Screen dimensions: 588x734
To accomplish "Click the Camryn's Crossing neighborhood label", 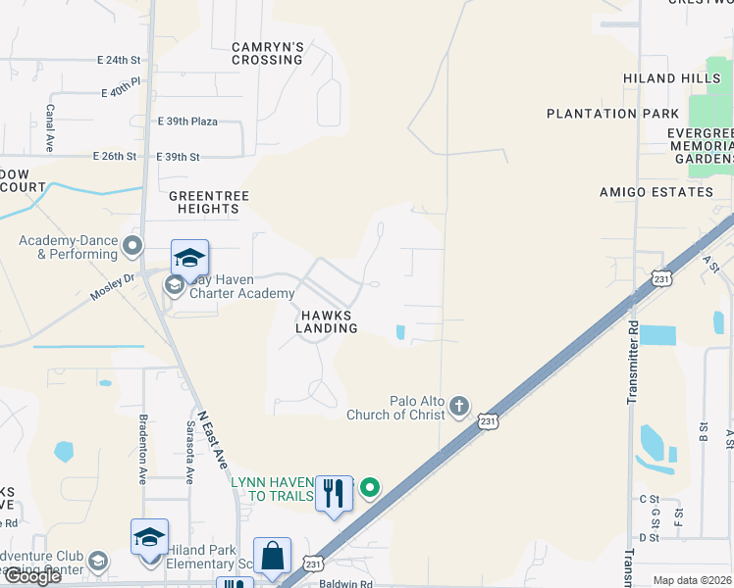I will coord(267,53).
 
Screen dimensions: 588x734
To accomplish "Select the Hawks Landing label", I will coord(327,321).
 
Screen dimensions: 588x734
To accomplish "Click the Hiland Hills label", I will coord(663,78).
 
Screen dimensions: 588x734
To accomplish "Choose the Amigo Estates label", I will coord(656,192).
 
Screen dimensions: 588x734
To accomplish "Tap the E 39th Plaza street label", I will coord(187,122).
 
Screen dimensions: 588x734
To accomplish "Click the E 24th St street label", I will coord(120,60).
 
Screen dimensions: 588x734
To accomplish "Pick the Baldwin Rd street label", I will coord(346,583).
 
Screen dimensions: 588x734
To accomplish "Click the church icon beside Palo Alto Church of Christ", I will coord(459,405).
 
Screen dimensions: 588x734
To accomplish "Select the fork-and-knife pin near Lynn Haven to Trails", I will coord(334,495).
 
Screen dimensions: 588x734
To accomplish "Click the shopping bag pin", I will coord(272,557).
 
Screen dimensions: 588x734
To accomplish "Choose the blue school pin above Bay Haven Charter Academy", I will coord(189,259).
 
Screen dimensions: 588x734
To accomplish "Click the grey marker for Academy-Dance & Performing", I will coord(132,244).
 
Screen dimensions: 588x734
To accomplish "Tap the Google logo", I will coord(32,576).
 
